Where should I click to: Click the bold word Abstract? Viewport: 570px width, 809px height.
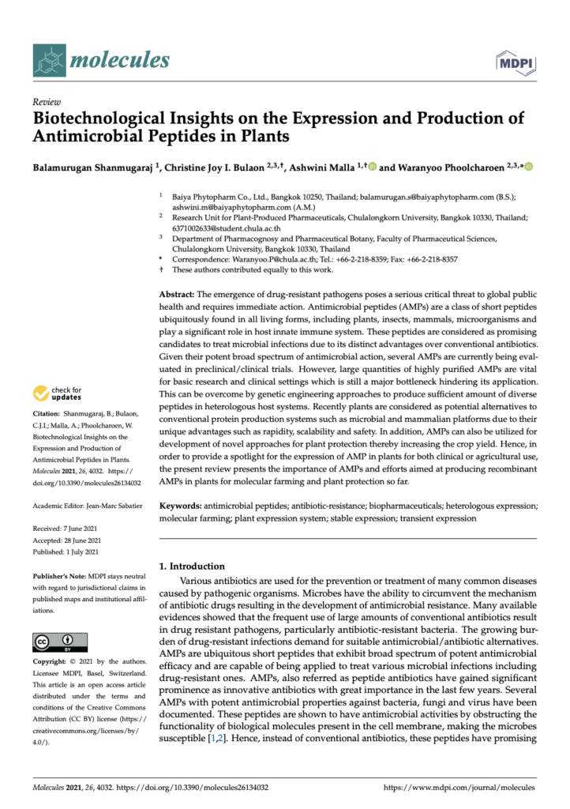[x=177, y=292]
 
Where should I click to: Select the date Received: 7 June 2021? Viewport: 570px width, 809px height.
[x=69, y=529]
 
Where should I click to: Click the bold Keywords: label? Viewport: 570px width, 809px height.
[x=181, y=504]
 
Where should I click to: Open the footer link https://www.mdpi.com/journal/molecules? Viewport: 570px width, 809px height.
[x=459, y=788]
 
